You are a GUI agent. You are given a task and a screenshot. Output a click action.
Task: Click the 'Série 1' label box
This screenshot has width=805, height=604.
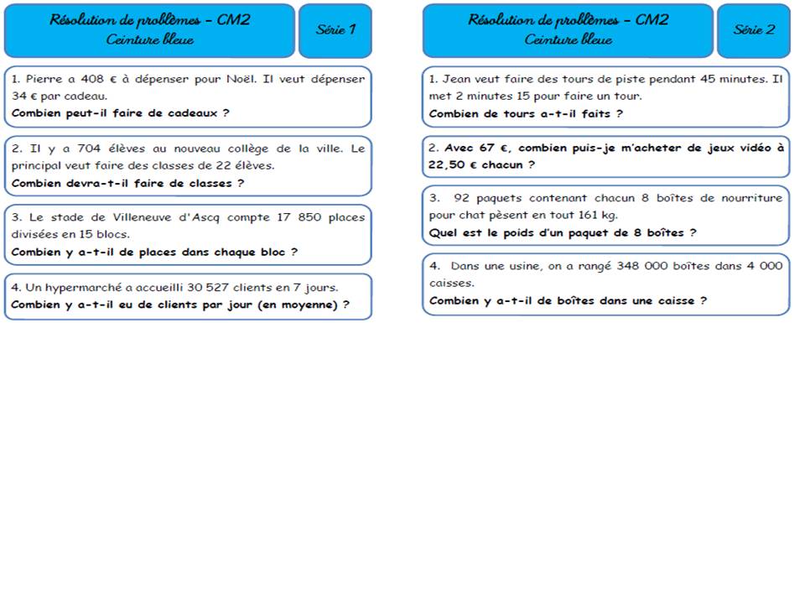point(335,29)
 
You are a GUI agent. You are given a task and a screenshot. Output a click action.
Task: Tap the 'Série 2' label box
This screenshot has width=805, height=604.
point(754,29)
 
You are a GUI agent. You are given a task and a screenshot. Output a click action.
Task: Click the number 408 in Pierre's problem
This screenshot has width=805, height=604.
point(93,80)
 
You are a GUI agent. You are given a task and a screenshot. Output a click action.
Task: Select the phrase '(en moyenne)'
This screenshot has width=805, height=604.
point(299,305)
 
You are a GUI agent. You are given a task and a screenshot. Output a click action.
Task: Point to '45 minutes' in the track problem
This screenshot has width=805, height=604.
point(706,80)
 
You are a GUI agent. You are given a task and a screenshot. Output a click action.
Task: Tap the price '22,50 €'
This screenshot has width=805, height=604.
point(450,165)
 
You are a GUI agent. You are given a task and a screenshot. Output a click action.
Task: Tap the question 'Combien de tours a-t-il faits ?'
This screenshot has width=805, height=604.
point(526,113)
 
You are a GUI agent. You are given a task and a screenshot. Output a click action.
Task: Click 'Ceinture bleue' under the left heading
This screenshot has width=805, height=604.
point(149,39)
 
